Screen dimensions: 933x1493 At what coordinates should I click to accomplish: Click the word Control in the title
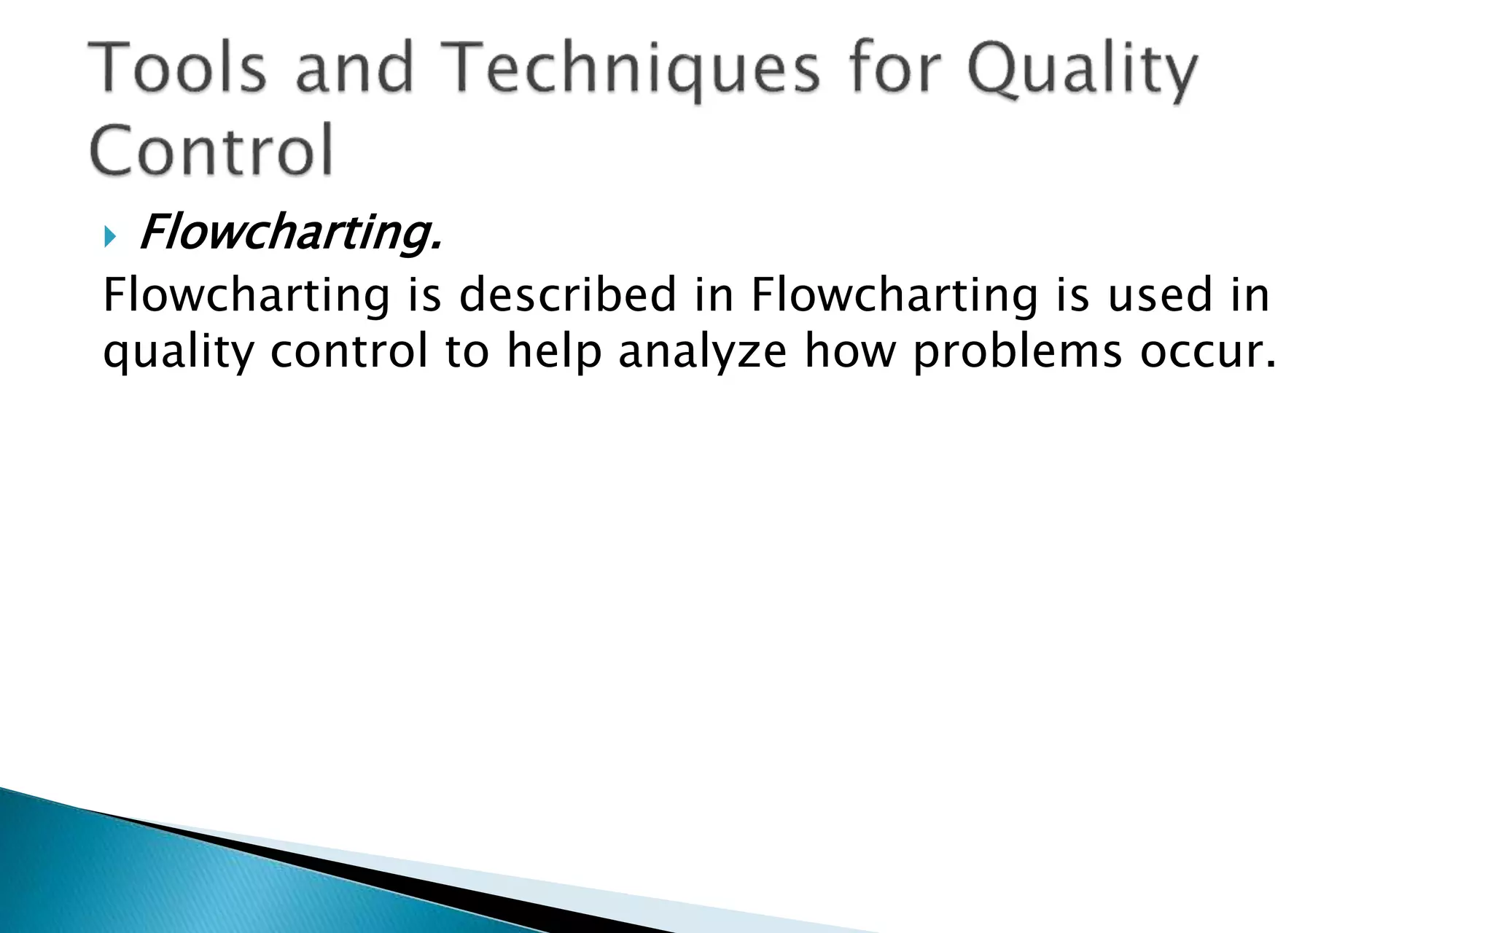211,150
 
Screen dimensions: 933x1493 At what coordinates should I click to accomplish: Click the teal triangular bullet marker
110,236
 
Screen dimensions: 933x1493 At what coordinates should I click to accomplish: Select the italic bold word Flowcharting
290,233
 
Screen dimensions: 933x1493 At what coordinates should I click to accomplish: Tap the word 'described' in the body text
568,295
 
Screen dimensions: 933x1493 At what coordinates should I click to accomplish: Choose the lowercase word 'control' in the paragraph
349,351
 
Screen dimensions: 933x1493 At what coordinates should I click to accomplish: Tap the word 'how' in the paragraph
850,351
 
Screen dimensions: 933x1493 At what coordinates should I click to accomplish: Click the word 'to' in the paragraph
467,351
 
